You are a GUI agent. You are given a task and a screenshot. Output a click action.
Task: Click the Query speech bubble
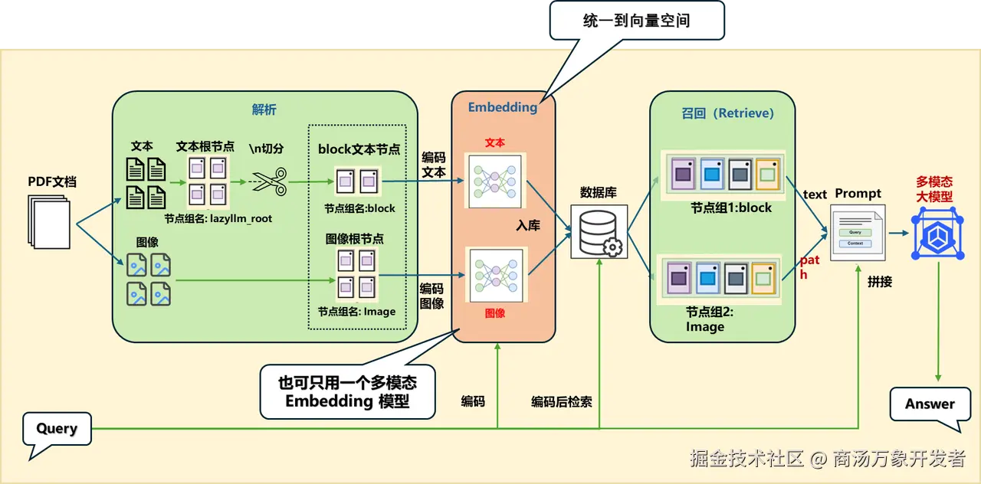57,428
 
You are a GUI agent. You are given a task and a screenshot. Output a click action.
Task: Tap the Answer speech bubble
930,404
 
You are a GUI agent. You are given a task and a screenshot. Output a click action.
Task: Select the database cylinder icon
599,231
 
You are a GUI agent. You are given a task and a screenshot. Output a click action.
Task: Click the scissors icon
269,182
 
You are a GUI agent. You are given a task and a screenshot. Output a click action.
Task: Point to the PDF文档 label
52,181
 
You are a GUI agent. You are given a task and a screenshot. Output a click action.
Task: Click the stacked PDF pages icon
50,220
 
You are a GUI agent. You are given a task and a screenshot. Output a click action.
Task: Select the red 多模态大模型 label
934,189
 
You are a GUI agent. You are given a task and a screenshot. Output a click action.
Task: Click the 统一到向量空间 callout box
636,20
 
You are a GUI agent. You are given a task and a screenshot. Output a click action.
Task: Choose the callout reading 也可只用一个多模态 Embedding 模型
347,391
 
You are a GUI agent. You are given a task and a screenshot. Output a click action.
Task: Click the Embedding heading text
503,107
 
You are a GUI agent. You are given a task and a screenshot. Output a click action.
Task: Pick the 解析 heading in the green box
264,109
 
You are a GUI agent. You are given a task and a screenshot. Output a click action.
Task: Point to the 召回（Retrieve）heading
727,113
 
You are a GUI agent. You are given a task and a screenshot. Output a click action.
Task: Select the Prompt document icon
858,233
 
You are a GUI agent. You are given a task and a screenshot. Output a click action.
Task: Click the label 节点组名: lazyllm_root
218,218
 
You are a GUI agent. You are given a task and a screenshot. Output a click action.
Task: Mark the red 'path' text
809,267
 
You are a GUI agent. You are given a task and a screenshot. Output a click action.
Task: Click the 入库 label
528,226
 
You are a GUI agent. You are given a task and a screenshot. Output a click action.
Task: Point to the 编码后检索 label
562,401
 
